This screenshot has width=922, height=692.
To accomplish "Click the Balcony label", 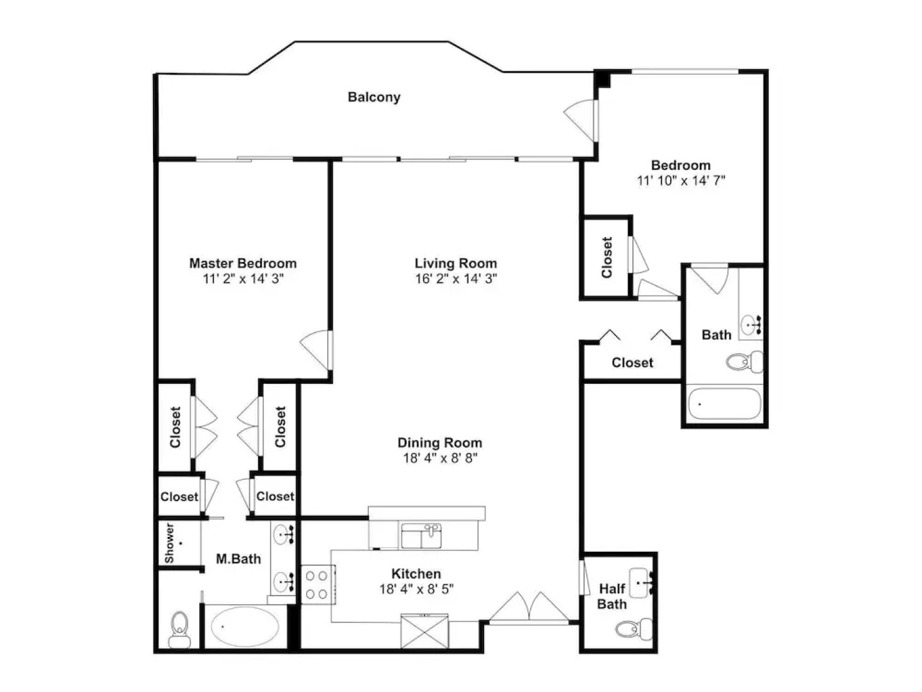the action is click(374, 97).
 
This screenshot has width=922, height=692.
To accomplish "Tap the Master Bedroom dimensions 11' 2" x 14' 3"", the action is click(243, 279).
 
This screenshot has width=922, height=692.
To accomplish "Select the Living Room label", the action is click(456, 263).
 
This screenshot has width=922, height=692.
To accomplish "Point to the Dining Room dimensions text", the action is click(441, 458).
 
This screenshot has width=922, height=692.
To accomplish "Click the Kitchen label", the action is click(416, 573).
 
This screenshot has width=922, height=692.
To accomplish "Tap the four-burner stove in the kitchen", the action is click(318, 584).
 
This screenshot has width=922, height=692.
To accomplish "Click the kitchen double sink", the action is click(421, 536).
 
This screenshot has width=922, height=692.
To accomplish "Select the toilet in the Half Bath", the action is click(634, 629).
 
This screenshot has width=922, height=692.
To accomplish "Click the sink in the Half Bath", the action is click(640, 583).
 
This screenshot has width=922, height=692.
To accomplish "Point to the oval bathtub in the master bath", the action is click(245, 627).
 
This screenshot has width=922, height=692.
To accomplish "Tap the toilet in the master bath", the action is click(179, 629).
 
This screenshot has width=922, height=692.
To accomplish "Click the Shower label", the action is click(169, 543).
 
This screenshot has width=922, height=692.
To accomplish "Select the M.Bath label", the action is click(238, 559).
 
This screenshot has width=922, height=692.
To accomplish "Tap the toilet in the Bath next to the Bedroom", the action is click(744, 361).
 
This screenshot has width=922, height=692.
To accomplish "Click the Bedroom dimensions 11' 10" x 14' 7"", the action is click(681, 181).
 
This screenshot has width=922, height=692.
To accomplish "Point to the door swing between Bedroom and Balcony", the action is click(579, 120).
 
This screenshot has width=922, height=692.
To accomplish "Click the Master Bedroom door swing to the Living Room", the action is click(316, 350).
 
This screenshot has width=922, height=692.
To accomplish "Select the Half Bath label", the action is click(612, 597).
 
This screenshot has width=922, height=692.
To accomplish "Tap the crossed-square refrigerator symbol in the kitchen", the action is click(425, 631).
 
